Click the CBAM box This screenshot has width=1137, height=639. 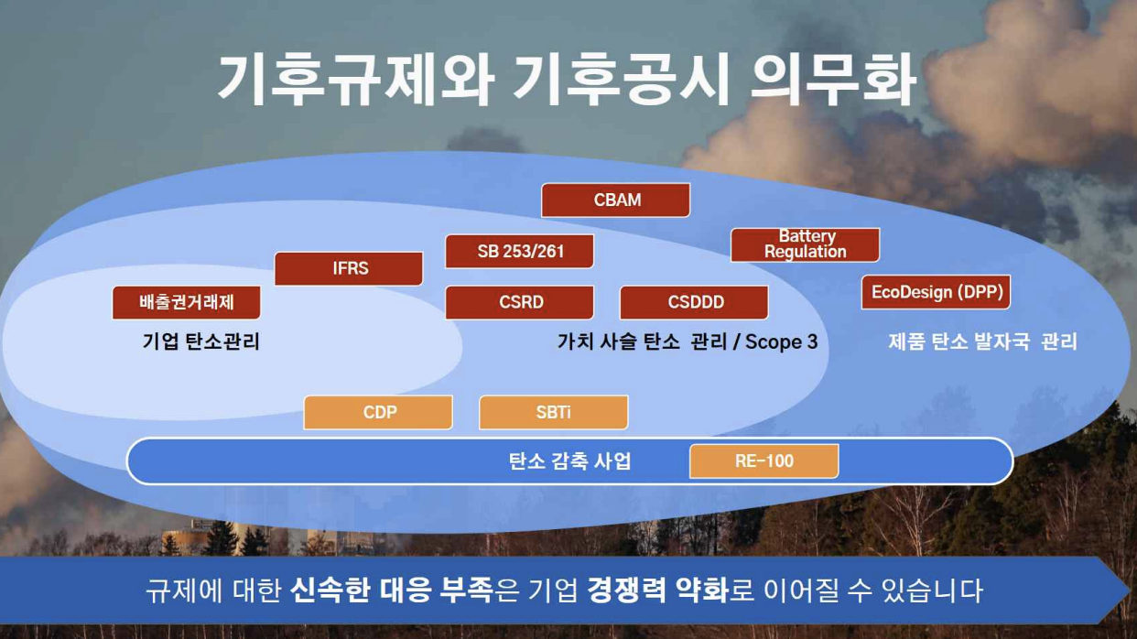[616, 200]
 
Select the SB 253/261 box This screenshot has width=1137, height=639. [520, 251]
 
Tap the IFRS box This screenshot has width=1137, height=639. [349, 268]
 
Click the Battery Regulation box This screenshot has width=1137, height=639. [805, 244]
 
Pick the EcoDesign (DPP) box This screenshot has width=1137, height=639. [936, 292]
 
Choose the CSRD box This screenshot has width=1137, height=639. [520, 302]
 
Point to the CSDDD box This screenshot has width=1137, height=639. [695, 302]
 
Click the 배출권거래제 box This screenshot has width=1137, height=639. [186, 302]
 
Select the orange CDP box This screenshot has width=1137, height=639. [378, 412]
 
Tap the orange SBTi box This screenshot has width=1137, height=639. [554, 412]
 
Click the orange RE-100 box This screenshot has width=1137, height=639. [763, 460]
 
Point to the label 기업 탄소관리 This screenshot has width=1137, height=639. [201, 341]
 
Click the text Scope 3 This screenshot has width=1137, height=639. [782, 342]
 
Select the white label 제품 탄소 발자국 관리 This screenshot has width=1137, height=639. [982, 341]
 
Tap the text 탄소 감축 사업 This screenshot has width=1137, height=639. [569, 460]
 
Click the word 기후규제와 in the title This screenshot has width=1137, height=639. [356, 80]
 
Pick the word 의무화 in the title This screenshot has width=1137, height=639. [833, 80]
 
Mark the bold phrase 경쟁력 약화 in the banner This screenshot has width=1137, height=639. [657, 590]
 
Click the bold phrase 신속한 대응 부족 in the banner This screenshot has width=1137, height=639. [391, 590]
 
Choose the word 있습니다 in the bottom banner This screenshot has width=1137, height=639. [932, 590]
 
